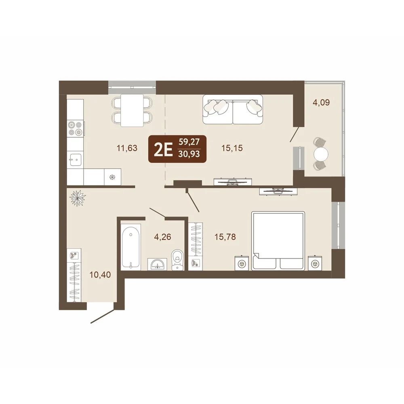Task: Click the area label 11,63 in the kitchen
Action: coord(127,148)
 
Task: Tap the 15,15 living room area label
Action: coord(232,148)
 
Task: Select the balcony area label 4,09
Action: coord(321,103)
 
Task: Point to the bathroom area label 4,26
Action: coord(162,236)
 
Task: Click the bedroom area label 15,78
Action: coord(225,236)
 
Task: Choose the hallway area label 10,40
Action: coord(100,275)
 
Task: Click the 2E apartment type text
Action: coord(163,150)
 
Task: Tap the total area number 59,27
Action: coord(189,142)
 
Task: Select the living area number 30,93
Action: coord(189,154)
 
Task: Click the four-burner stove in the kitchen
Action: coord(75,129)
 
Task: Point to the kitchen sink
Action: coord(75,160)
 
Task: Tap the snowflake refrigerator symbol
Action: coord(112,177)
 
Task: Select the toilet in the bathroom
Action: coord(177,259)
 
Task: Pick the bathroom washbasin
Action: coord(157,264)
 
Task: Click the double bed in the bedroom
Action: coord(278,241)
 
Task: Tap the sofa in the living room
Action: coord(233,109)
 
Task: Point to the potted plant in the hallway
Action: coord(78,198)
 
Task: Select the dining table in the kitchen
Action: coord(132,110)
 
